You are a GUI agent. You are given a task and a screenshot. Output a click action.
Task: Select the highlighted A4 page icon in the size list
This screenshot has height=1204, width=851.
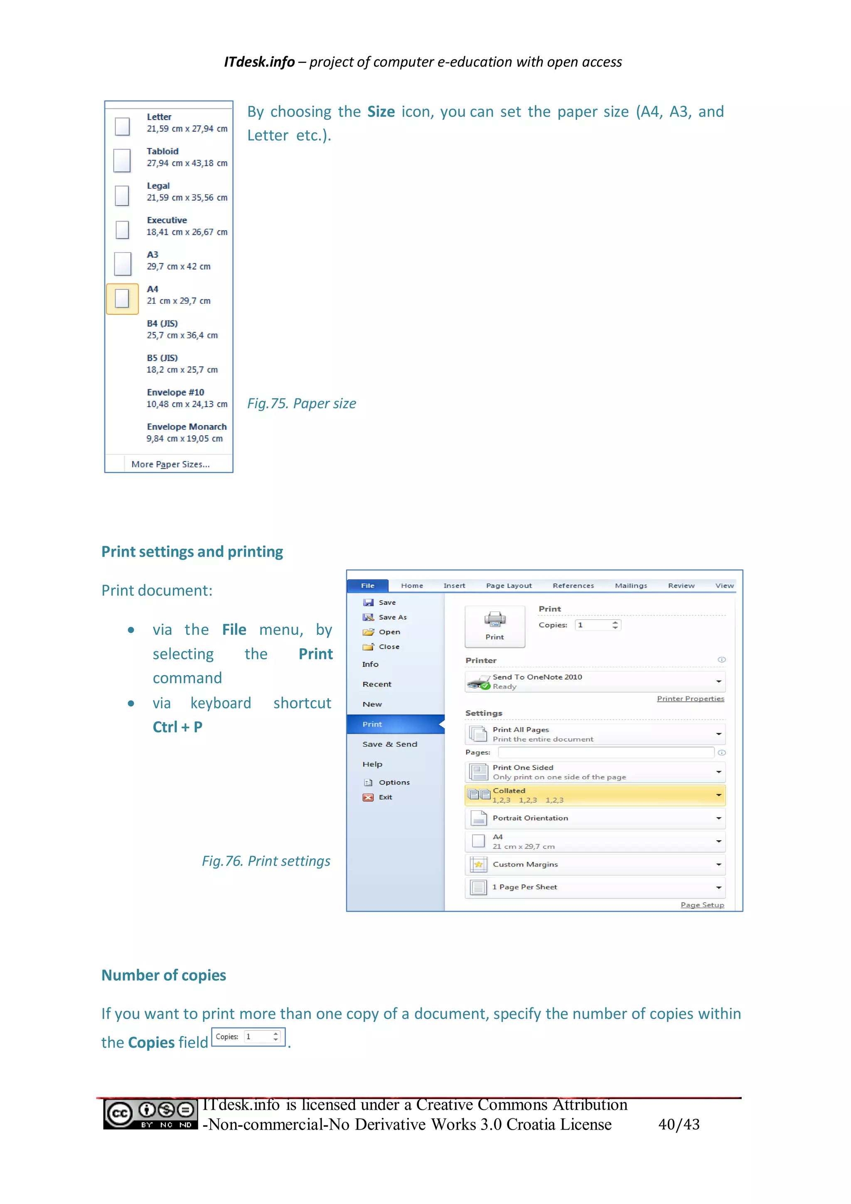pos(122,299)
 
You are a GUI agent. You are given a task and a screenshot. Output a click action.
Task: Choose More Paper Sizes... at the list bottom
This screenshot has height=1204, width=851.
pos(170,464)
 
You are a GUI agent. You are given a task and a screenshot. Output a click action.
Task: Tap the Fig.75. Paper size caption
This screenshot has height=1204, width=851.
pos(301,403)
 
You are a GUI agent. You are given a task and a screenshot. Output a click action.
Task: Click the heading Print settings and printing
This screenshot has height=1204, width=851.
pos(192,552)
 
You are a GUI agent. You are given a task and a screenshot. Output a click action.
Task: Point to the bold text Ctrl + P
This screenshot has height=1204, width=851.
pos(177,727)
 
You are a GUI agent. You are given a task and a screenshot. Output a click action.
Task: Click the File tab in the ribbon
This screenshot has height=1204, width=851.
pos(367,586)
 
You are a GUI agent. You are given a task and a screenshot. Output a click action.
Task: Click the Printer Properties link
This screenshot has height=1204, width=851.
pos(690,698)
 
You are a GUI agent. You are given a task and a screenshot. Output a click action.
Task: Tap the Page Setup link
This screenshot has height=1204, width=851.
pos(702,905)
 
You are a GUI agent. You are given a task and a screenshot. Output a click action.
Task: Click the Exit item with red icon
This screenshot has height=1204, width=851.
pos(385,797)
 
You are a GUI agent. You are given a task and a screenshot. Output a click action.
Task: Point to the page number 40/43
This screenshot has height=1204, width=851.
pos(679,1124)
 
